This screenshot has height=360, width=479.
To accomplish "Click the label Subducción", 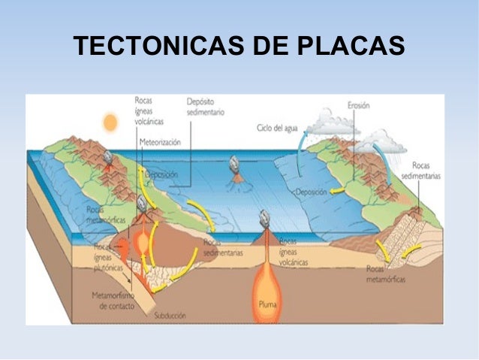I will point(170,316).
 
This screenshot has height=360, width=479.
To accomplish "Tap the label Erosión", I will point(358,106).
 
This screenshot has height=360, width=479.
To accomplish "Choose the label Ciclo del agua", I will point(276,128).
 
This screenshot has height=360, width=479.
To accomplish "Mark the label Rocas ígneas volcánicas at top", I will point(149,110).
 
